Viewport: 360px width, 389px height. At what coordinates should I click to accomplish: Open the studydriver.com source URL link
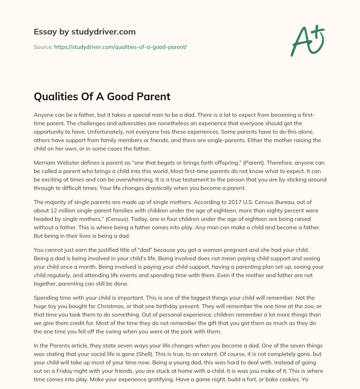pos(120,47)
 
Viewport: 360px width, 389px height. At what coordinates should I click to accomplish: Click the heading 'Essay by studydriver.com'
pos(85,32)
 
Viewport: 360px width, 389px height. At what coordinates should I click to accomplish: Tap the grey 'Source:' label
pos(43,47)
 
